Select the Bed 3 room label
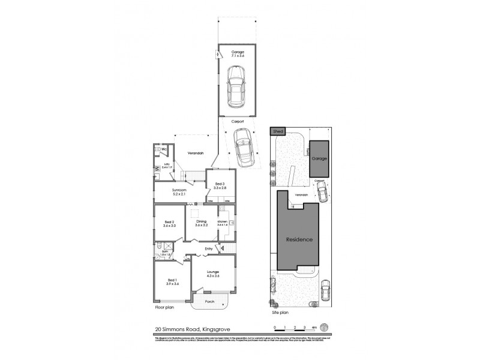pyautogui.click(x=219, y=185)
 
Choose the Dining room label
pyautogui.click(x=201, y=223)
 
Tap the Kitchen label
pyautogui.click(x=223, y=223)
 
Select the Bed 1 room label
pyautogui.click(x=172, y=282)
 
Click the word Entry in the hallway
pyautogui.click(x=209, y=248)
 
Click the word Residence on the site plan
pyautogui.click(x=299, y=239)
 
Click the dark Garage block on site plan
pyautogui.click(x=319, y=159)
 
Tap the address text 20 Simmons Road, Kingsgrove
pyautogui.click(x=187, y=328)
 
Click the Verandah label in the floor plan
pyautogui.click(x=196, y=153)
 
